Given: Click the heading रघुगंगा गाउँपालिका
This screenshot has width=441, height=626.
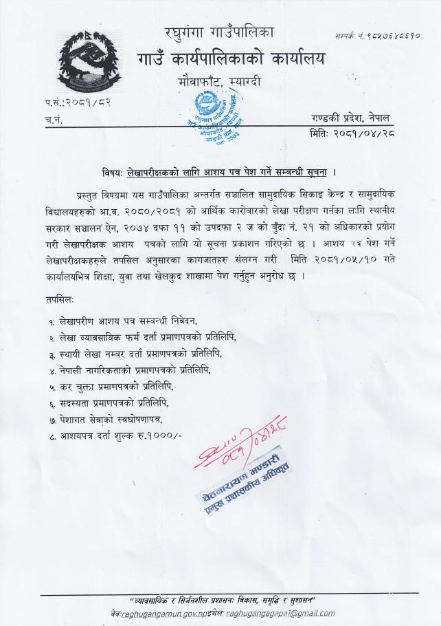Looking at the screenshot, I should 220,32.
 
